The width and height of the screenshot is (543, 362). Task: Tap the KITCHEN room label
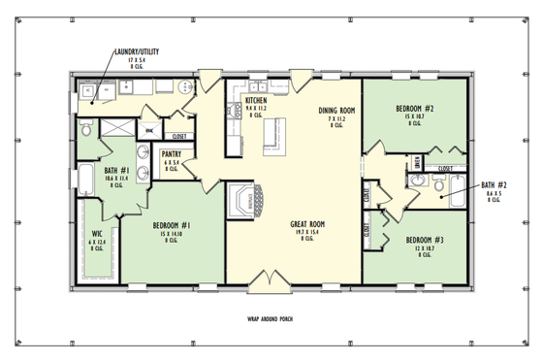tap(256, 100)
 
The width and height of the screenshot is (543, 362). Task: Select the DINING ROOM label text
tap(337, 112)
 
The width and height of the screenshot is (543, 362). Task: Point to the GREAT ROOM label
tap(306, 224)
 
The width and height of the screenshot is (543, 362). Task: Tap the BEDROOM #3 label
tap(424, 239)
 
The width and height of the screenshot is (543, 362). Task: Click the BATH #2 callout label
tap(494, 184)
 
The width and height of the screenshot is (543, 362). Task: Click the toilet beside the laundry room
tap(86, 127)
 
